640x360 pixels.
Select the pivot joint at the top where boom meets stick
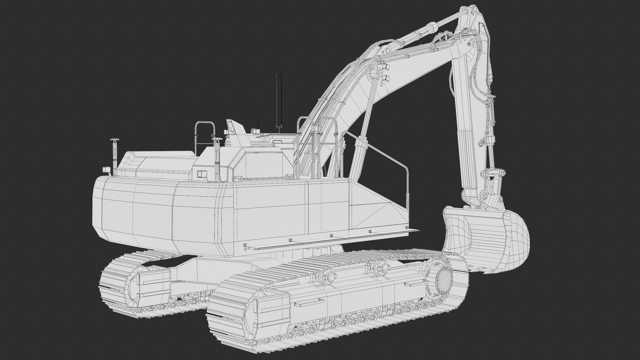pos(471,44)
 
